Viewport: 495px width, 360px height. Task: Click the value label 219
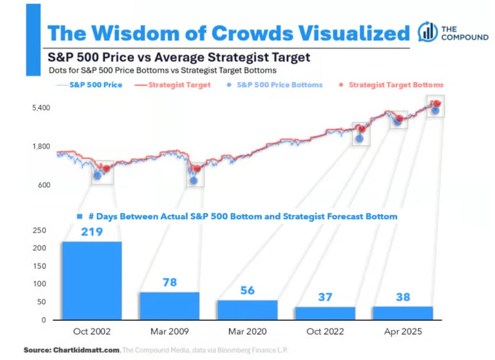coord(92,232)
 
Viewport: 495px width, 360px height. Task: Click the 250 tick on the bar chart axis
coord(39,230)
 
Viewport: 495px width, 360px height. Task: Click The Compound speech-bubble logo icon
coord(427,32)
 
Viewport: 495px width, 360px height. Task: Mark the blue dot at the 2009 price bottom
coord(193,181)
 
